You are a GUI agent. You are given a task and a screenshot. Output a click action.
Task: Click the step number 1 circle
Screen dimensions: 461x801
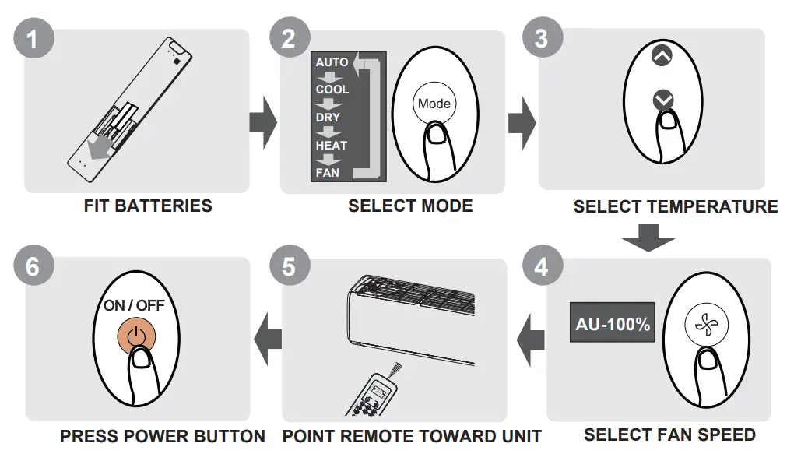pyautogui.click(x=32, y=38)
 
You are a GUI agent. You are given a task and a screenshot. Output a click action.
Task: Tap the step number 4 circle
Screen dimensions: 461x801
pyautogui.click(x=541, y=266)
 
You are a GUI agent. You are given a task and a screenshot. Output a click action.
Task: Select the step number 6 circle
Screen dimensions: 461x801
pyautogui.click(x=32, y=266)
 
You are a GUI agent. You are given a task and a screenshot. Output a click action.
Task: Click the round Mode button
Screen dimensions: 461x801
pyautogui.click(x=434, y=104)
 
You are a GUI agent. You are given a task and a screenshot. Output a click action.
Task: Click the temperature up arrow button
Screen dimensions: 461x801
pyautogui.click(x=661, y=56)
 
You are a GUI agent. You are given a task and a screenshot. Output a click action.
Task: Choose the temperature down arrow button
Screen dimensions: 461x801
pyautogui.click(x=662, y=100)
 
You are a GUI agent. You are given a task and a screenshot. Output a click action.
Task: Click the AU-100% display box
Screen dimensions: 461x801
pyautogui.click(x=613, y=324)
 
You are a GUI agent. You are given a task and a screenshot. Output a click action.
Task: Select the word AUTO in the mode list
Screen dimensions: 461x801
pyautogui.click(x=332, y=62)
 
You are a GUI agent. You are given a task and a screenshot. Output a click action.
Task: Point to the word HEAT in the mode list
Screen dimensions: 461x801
pyautogui.click(x=332, y=145)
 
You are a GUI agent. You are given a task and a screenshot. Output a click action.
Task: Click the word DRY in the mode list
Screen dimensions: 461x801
pyautogui.click(x=328, y=118)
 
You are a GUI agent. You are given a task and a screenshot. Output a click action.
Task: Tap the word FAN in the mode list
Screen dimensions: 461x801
pyautogui.click(x=328, y=172)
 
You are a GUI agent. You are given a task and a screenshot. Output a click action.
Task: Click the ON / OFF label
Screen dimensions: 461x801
pyautogui.click(x=134, y=305)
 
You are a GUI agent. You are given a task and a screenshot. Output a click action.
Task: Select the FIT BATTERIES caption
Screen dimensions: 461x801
pyautogui.click(x=148, y=206)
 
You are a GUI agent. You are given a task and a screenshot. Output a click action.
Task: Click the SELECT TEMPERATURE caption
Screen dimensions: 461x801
pyautogui.click(x=675, y=206)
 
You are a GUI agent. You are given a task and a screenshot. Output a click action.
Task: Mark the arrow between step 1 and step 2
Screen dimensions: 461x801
pyautogui.click(x=263, y=123)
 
